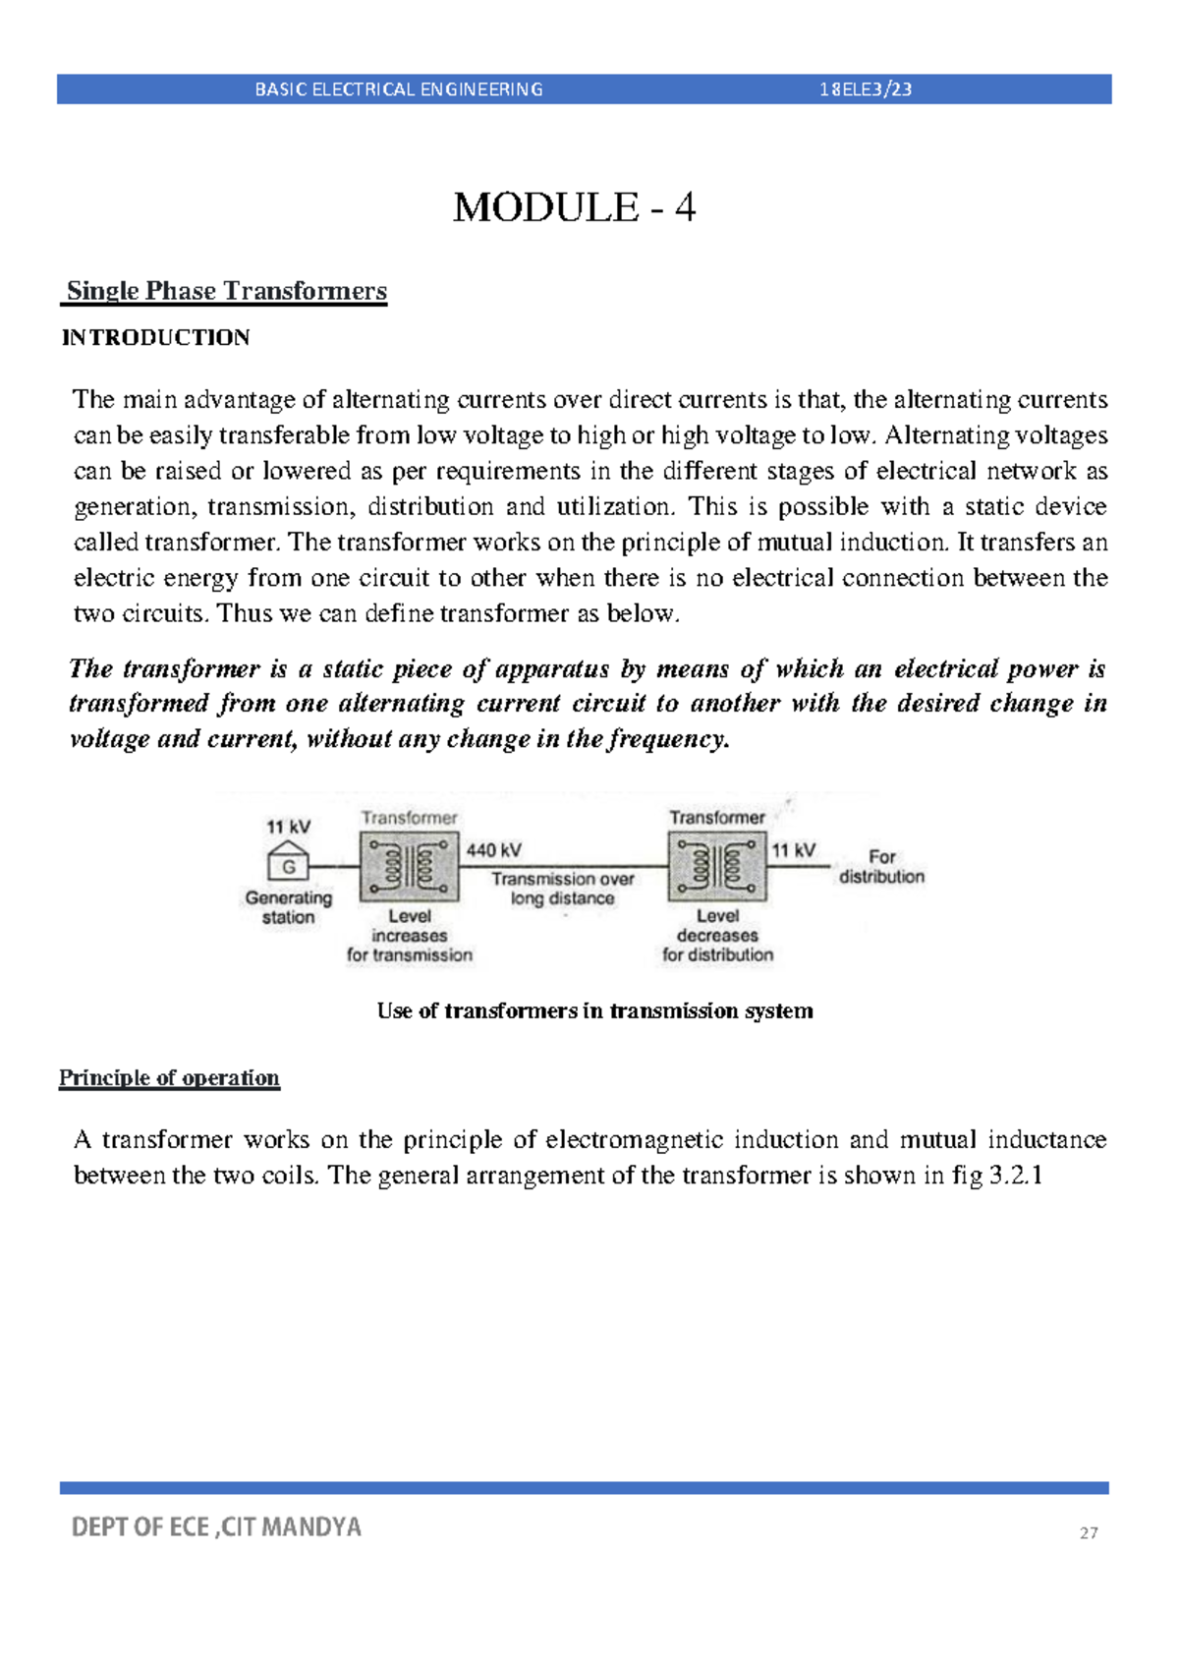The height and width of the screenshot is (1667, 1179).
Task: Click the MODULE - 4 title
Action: point(574,207)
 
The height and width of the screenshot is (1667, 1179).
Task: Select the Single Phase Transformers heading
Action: point(226,291)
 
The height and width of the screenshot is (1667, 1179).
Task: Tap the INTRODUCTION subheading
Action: point(155,338)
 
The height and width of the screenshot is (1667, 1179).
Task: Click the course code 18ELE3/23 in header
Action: point(866,89)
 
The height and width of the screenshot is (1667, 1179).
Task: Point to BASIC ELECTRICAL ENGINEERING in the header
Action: point(398,89)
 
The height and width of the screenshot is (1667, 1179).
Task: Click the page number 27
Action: point(1089,1532)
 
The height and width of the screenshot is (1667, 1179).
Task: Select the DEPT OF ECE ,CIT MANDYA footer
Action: point(216,1526)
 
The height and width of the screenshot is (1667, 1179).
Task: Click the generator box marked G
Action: point(289,866)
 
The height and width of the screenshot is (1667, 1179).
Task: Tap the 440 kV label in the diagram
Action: point(493,850)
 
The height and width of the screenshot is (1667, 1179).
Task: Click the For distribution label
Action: point(881,867)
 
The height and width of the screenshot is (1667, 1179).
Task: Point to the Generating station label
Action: point(288,907)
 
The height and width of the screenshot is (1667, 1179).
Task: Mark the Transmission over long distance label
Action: point(562,889)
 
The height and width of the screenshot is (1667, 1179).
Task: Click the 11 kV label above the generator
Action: point(288,827)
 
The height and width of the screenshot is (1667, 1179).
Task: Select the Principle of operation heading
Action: point(169,1078)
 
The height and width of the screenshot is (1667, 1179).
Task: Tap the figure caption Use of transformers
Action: point(594,1011)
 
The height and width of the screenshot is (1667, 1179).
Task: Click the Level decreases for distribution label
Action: point(717,936)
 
